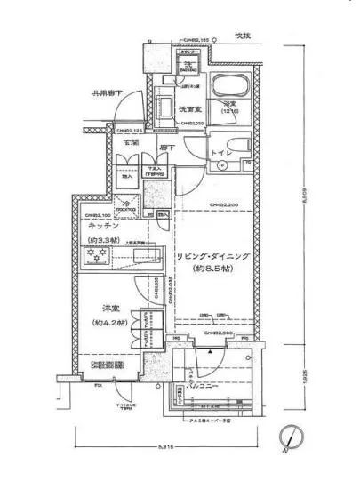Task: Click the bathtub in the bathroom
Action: click(x=230, y=90)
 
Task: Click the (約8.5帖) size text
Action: click(x=212, y=267)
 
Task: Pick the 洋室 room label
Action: click(x=103, y=311)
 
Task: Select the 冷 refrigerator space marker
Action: click(x=126, y=204)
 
